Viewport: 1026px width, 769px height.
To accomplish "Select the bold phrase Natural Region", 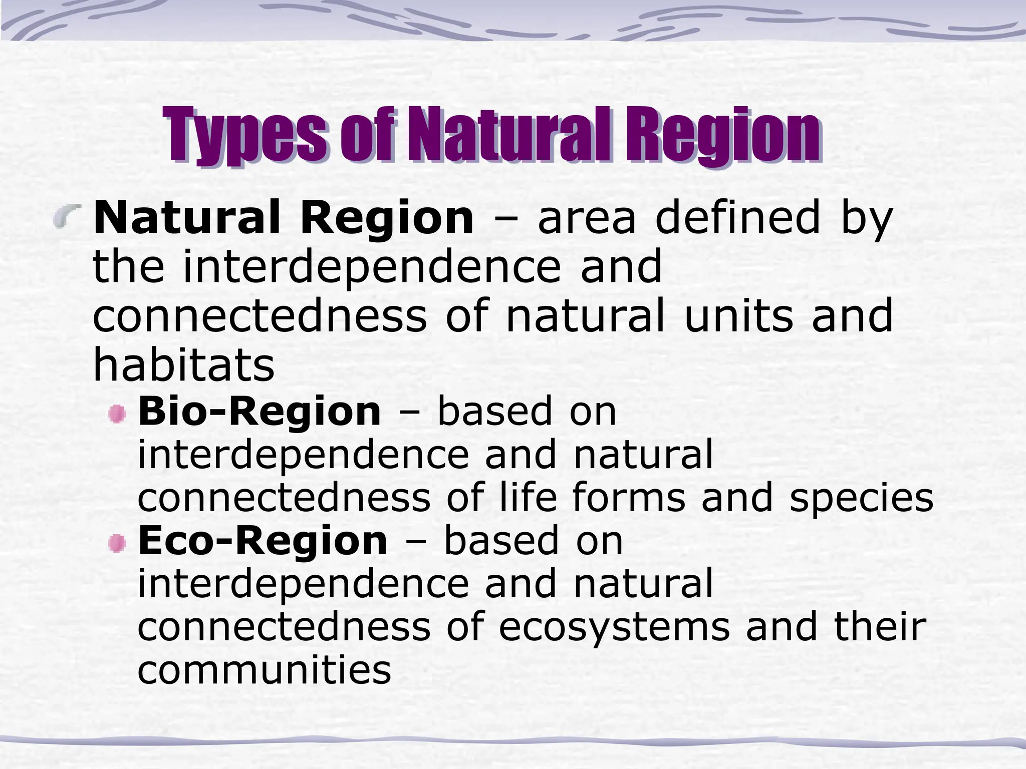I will tap(284, 218).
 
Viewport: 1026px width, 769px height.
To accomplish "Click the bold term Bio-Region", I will tap(260, 412).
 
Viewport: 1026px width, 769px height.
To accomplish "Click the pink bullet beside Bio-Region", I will tap(117, 414).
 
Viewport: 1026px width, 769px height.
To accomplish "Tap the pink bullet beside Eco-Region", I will tap(117, 543).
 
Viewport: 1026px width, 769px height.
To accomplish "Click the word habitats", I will tap(184, 364).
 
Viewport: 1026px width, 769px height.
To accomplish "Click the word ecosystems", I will tap(614, 627).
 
